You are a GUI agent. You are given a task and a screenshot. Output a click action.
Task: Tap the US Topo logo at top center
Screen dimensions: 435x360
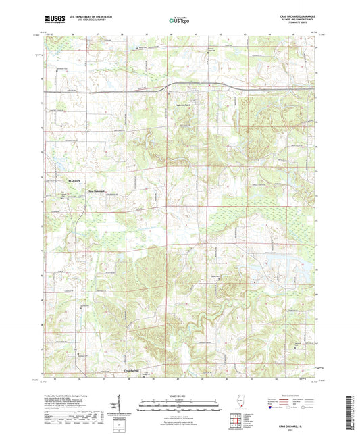coord(179,21)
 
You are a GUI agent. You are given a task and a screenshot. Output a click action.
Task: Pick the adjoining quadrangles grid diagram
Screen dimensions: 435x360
coord(238,421)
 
